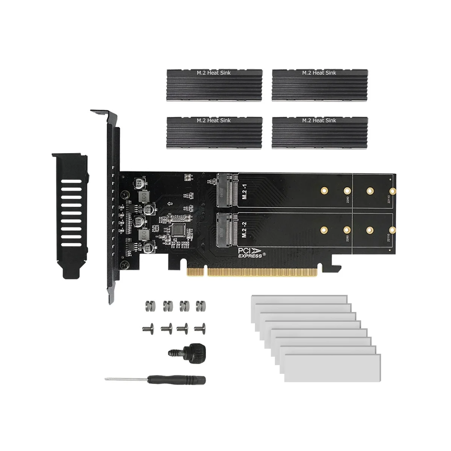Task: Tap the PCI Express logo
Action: [x=251, y=252]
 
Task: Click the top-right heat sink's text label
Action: [x=319, y=72]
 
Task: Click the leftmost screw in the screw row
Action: [x=147, y=328]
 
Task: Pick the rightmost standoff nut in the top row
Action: [x=200, y=306]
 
